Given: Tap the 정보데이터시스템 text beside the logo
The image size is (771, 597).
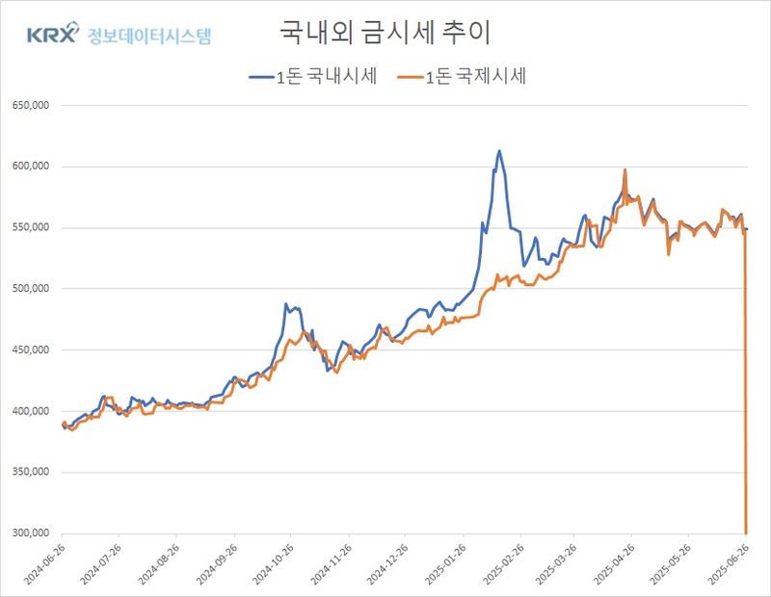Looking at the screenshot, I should point(148,37).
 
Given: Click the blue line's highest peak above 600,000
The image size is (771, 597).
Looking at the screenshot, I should point(499,151).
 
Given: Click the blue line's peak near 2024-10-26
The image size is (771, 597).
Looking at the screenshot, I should point(286,304).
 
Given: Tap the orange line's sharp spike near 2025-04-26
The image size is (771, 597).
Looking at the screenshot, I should point(625,170).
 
